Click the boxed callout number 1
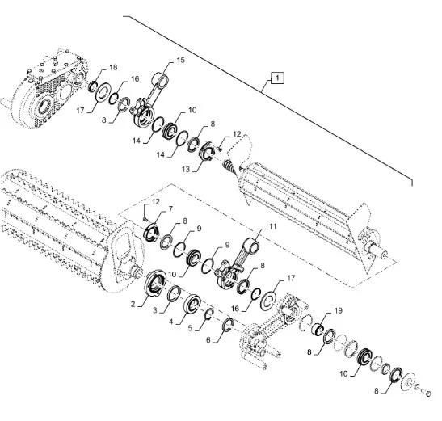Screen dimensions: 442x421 [x=277, y=78]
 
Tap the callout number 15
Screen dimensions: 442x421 [x=181, y=60]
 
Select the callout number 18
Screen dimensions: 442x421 [x=113, y=67]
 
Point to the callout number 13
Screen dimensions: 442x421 [x=186, y=169]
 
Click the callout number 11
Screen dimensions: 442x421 [x=272, y=226]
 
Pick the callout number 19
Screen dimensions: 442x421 [x=339, y=311]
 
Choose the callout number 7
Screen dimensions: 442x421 [x=170, y=209]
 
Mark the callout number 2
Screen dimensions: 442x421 [x=133, y=304]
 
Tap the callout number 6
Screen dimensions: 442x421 [x=208, y=339]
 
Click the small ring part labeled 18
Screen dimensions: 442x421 [x=93, y=86]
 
